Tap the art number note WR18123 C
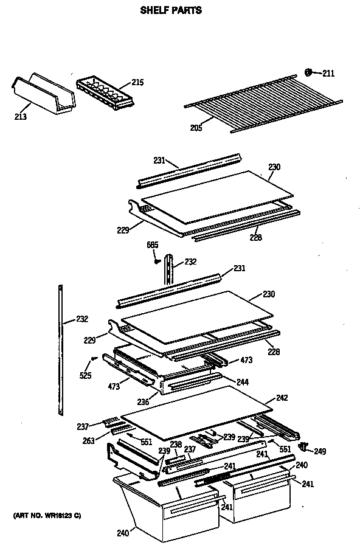46,516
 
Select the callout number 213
20,116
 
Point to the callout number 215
137,83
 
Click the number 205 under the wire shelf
196,127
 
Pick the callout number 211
328,74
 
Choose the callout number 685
152,245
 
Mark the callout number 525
86,375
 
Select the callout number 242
282,398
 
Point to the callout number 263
89,441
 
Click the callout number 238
176,445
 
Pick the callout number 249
320,451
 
